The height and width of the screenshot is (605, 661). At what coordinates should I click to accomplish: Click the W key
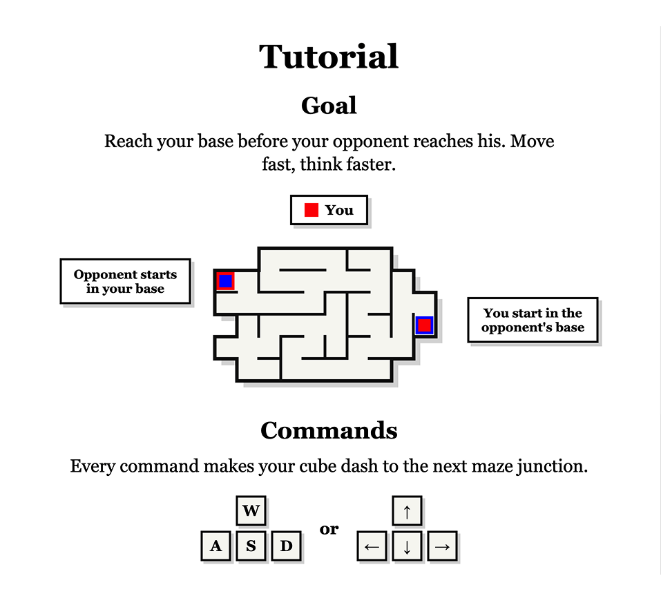click(x=251, y=510)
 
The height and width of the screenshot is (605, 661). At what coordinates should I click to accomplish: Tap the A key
click(x=215, y=546)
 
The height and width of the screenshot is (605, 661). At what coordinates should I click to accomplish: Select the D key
click(x=286, y=546)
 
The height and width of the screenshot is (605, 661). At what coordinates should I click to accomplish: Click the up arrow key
click(x=407, y=510)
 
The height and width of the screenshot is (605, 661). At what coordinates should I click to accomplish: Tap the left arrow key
click(x=372, y=546)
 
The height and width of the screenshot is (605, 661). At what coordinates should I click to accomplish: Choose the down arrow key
click(x=407, y=546)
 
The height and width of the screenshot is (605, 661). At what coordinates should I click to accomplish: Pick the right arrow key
click(x=442, y=546)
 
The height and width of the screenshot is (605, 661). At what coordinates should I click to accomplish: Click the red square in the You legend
click(x=311, y=210)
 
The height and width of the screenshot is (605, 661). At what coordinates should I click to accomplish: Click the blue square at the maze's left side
click(x=226, y=281)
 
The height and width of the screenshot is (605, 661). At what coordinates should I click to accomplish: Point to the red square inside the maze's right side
click(x=424, y=325)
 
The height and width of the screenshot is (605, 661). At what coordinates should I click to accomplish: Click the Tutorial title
click(x=329, y=57)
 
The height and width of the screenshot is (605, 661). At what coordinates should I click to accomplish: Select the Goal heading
click(x=329, y=105)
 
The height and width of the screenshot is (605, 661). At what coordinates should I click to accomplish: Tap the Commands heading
click(x=329, y=430)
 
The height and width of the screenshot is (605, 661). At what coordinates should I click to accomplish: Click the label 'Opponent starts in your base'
click(x=125, y=281)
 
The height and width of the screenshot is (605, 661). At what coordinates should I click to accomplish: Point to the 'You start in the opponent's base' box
click(x=533, y=320)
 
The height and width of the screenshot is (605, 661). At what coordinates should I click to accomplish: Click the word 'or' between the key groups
click(x=329, y=529)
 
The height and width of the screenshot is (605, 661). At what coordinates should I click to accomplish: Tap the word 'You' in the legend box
click(x=339, y=210)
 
